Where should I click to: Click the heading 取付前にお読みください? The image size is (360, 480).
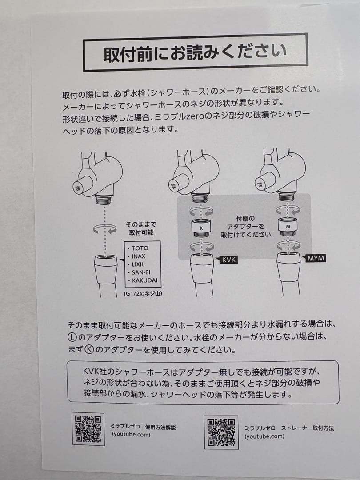pos(195,52)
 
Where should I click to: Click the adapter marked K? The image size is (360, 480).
pos(201,228)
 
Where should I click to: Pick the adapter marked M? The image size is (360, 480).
pos(288,226)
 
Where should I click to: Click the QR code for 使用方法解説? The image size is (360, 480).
pos(88,429)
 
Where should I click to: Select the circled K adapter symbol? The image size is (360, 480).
pos(87,350)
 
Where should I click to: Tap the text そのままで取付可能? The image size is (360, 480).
pos(141,228)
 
